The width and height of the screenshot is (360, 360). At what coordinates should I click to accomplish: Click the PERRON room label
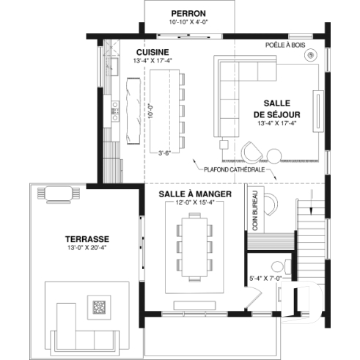click(x=188, y=13)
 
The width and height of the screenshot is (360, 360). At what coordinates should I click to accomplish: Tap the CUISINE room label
click(x=153, y=52)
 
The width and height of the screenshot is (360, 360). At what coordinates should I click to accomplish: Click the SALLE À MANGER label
click(x=195, y=194)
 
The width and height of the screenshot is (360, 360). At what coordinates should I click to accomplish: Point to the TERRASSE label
click(x=87, y=239)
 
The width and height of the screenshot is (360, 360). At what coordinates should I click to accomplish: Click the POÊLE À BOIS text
click(x=285, y=45)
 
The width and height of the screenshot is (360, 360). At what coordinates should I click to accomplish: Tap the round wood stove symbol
click(x=312, y=55)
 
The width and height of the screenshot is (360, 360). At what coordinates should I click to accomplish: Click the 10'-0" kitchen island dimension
click(x=149, y=110)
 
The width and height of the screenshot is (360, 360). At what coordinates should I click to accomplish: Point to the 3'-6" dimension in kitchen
click(x=166, y=153)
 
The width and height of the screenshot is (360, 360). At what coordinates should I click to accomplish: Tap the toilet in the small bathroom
click(x=277, y=265)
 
